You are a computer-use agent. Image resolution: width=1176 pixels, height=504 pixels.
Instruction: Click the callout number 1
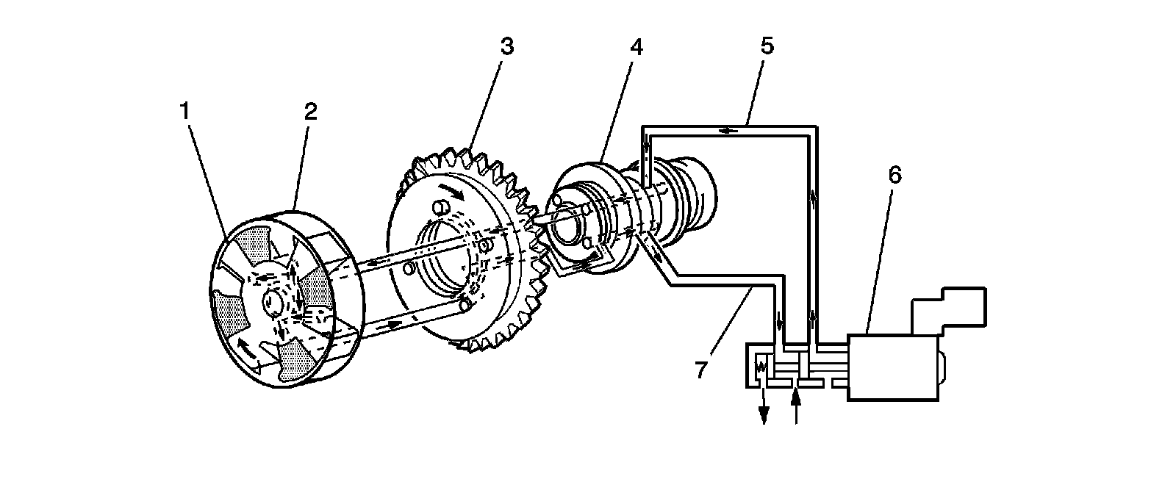(185, 111)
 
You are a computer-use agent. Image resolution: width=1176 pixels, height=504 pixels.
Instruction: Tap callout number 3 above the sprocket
(506, 46)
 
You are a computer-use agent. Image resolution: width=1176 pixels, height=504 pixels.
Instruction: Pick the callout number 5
(767, 46)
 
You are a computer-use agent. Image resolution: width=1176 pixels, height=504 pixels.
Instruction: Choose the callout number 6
(894, 175)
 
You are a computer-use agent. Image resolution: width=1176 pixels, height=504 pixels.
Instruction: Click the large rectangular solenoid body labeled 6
(893, 367)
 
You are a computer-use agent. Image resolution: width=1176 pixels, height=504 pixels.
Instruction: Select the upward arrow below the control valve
(795, 405)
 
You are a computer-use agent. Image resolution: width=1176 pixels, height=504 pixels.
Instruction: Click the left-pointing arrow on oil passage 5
(728, 131)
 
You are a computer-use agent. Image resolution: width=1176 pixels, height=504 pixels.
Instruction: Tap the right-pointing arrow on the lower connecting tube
(394, 323)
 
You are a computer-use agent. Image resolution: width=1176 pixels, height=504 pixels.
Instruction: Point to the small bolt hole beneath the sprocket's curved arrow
(439, 210)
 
